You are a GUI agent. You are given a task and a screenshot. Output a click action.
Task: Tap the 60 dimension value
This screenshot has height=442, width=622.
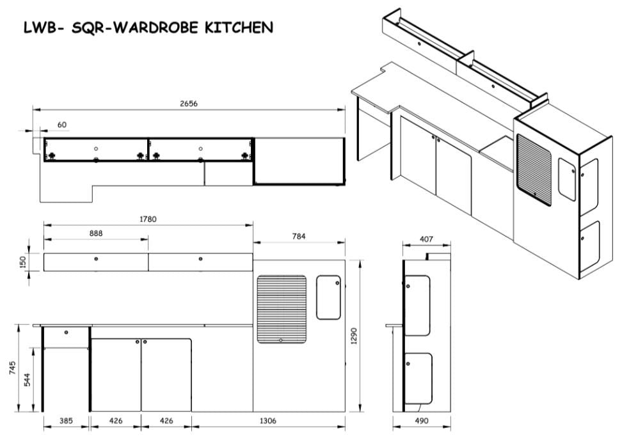tap(61, 125)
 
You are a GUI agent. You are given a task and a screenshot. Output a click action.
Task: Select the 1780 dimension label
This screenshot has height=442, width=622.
tap(147, 219)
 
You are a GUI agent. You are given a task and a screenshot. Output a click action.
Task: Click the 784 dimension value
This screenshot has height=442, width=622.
tap(299, 236)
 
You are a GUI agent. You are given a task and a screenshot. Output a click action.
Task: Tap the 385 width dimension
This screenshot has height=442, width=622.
tap(66, 422)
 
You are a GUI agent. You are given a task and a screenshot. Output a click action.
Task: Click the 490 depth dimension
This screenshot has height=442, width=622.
tap(422, 422)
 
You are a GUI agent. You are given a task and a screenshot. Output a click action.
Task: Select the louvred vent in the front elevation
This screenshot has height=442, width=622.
tap(282, 308)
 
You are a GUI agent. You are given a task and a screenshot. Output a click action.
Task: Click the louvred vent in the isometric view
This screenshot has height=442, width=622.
tap(534, 169)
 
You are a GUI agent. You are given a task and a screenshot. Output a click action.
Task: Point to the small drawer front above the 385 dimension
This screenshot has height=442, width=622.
tap(66, 333)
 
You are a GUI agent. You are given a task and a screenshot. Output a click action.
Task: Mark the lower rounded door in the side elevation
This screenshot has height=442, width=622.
tap(419, 378)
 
